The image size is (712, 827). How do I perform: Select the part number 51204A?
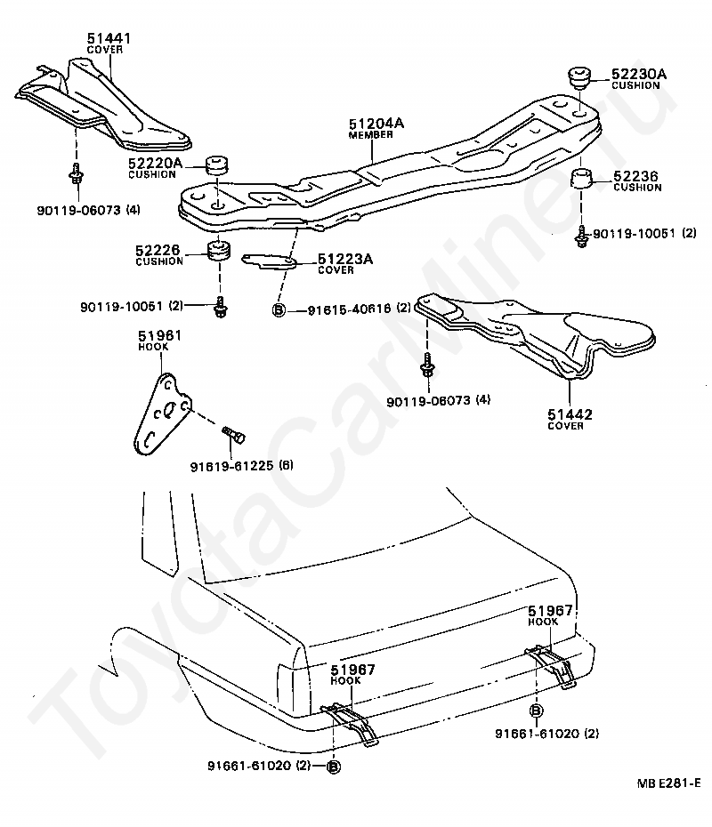click(x=376, y=124)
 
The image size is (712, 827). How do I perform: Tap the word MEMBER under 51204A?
click(x=370, y=135)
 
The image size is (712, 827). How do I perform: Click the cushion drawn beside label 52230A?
click(x=580, y=76)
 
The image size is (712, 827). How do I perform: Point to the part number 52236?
click(x=635, y=177)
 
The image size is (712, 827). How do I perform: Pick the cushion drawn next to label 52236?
click(x=582, y=179)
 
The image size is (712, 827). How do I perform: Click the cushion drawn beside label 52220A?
click(x=217, y=166)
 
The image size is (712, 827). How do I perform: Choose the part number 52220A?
click(x=155, y=163)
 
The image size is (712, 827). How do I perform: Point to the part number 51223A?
click(x=345, y=259)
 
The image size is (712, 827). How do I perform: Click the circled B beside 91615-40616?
click(x=278, y=309)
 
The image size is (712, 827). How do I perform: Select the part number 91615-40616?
click(x=346, y=309)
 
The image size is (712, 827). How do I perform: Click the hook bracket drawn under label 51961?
click(x=160, y=410)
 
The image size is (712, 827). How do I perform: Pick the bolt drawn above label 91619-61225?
click(x=235, y=435)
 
